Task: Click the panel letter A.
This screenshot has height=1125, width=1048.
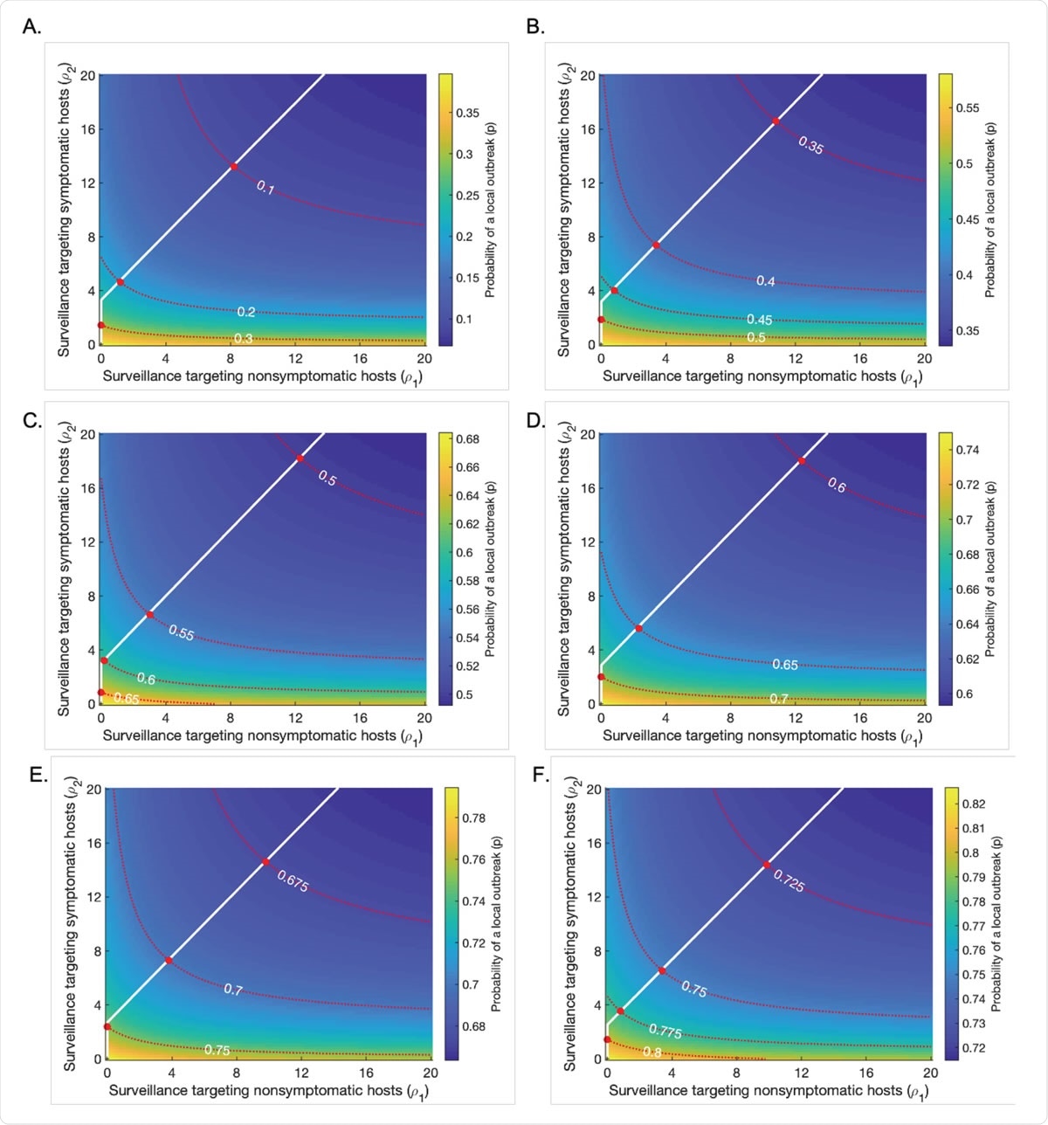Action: (31, 27)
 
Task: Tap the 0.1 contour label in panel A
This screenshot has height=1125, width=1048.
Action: (265, 187)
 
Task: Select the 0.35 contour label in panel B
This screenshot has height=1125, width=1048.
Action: (810, 146)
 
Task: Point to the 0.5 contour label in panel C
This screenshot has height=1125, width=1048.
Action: (327, 478)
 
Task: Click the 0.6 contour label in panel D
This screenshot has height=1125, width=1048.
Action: (837, 486)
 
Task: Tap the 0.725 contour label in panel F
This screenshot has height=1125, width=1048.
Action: (789, 881)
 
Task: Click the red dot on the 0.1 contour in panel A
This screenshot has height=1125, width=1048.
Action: (234, 167)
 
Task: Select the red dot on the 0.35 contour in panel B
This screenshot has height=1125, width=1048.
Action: (775, 121)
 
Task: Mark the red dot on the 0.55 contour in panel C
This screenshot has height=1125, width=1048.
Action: (150, 615)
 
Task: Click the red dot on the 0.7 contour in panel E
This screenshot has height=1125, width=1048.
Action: (169, 961)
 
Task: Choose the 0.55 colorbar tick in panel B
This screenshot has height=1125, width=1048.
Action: (968, 108)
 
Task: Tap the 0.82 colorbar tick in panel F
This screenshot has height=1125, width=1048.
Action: (973, 804)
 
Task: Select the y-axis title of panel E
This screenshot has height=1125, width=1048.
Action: (71, 923)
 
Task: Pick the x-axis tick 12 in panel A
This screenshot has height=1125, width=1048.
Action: (295, 358)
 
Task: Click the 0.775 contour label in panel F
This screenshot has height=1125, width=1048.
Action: (665, 1031)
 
